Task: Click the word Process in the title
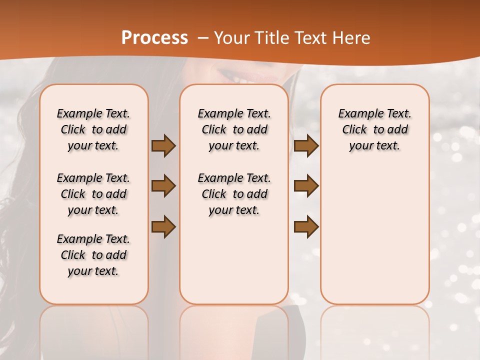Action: point(154,38)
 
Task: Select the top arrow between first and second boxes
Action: point(163,145)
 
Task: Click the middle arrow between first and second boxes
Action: point(163,186)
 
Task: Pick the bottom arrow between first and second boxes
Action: point(163,227)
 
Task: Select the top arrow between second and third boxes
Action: point(306,145)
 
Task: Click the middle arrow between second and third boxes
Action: point(306,186)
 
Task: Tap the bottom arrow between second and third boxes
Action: point(306,227)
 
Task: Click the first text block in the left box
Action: point(93,129)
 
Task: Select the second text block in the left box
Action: point(93,194)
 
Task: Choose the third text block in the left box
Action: point(93,255)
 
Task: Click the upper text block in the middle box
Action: point(234,129)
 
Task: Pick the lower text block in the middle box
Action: point(234,194)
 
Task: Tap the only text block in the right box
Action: point(374,129)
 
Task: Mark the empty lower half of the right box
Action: point(374,235)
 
